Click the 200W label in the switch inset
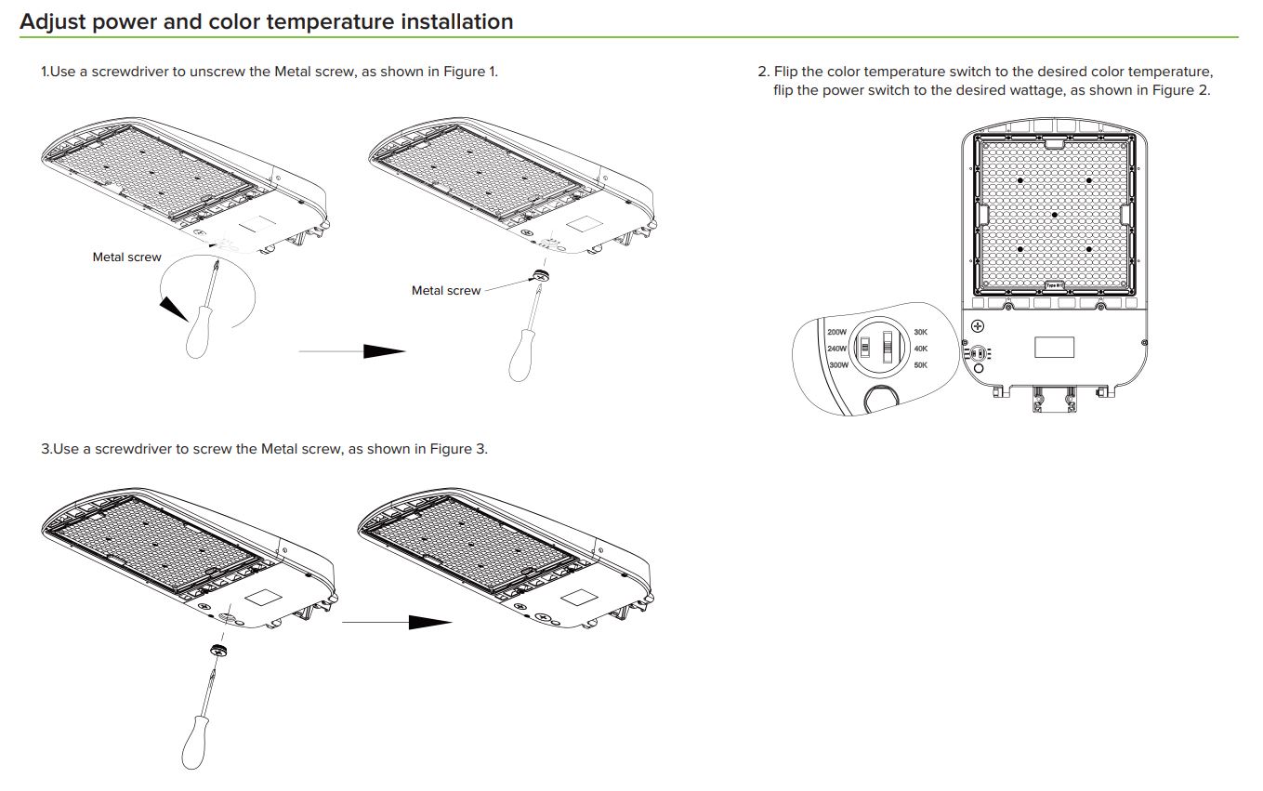click(836, 332)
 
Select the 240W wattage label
click(836, 349)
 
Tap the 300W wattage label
click(837, 365)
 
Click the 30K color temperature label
click(920, 332)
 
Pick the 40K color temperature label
click(920, 349)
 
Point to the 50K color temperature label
click(920, 365)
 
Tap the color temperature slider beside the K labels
click(887, 347)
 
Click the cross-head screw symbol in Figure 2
click(978, 326)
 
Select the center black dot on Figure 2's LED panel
click(1055, 215)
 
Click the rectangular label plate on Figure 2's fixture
click(1054, 347)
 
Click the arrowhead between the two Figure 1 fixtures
click(383, 351)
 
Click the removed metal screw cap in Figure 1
click(538, 276)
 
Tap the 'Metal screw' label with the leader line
click(446, 291)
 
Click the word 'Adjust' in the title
click(53, 21)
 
